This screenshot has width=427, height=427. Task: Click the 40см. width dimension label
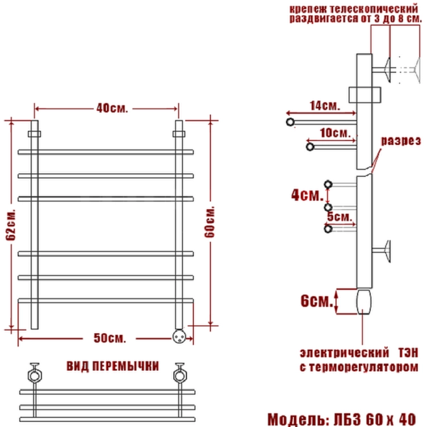[x=111, y=109]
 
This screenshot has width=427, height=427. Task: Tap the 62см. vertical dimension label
[x=11, y=225]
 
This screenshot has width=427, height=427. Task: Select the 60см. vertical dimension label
[x=210, y=222]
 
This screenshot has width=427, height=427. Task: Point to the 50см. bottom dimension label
[x=110, y=338]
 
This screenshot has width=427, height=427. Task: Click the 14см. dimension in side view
[x=325, y=106]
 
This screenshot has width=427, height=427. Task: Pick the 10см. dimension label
[x=335, y=133]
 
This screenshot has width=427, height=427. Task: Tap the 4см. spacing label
[x=307, y=195]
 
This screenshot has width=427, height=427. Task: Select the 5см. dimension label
[x=340, y=217]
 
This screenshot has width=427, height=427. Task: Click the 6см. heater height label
[x=317, y=301]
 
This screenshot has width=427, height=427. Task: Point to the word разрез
[x=401, y=141]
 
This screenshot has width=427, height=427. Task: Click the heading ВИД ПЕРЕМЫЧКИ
[x=113, y=366]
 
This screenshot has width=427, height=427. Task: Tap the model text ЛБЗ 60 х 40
[x=375, y=420]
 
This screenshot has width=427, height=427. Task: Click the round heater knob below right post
[x=180, y=337]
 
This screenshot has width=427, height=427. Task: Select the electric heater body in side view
[x=364, y=302]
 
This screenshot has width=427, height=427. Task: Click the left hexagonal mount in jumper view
[x=35, y=375]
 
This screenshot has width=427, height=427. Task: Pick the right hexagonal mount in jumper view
[x=180, y=375]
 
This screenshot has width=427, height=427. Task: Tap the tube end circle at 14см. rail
[x=291, y=122]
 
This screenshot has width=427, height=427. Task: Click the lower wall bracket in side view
[x=382, y=251]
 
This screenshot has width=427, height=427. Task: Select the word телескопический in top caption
[x=374, y=9]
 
